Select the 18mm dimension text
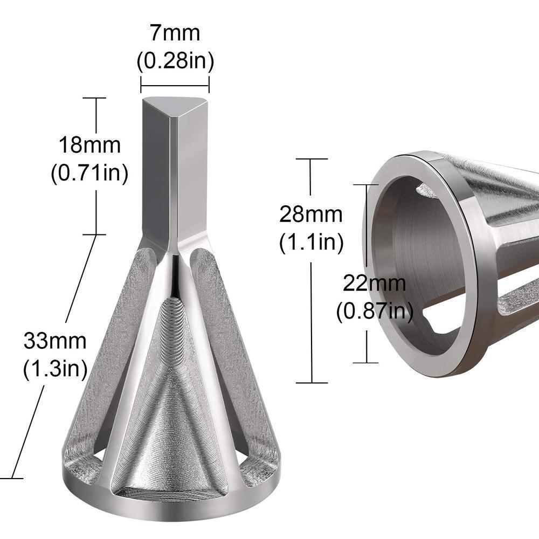pyautogui.click(x=89, y=146)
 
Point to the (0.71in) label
pyautogui.click(x=89, y=174)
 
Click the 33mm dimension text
pyautogui.click(x=55, y=341)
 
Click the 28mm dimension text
pyautogui.click(x=311, y=215)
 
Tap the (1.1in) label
pyautogui.click(x=311, y=243)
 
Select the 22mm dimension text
pyautogui.click(x=375, y=282)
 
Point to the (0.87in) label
pyautogui.click(x=375, y=311)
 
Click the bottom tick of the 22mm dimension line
pyautogui.click(x=368, y=362)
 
